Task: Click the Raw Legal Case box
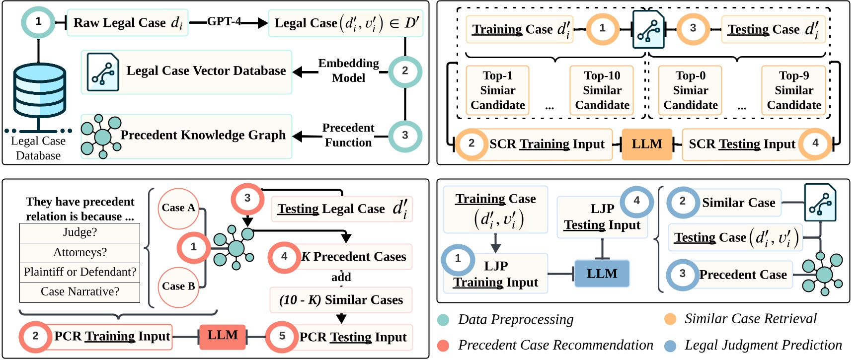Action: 127,23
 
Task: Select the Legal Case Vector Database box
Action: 186,72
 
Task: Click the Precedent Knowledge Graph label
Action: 203,135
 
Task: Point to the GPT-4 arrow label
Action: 224,21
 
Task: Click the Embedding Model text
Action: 348,71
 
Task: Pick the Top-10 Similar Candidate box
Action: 602,90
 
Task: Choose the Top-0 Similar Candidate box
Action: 690,90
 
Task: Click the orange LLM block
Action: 647,144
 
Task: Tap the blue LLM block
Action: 602,274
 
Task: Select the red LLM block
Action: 223,336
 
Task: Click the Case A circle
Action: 178,209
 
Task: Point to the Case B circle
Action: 178,287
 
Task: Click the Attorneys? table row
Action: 80,253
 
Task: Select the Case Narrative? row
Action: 80,292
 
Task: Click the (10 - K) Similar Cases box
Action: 341,300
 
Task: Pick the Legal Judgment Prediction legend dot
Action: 670,346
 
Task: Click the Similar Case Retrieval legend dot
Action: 670,319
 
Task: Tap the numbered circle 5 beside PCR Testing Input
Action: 282,337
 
